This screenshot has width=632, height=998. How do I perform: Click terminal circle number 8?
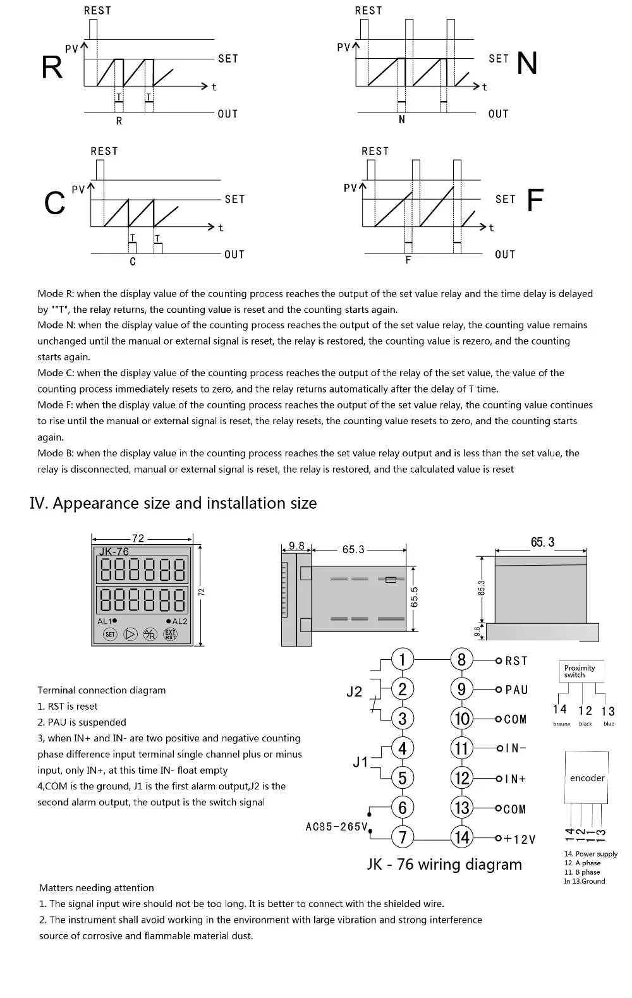tap(461, 660)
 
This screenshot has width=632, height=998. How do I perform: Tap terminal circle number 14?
tap(462, 837)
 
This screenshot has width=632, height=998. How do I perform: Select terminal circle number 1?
tap(403, 659)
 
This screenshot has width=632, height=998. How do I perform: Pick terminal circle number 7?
tap(403, 837)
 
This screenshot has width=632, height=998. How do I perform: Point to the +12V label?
tap(520, 839)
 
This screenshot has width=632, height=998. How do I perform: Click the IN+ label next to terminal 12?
tap(516, 779)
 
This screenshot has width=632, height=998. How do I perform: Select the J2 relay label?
tap(355, 691)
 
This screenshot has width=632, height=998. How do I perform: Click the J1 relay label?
tap(360, 762)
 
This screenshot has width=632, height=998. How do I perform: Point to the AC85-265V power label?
tap(336, 826)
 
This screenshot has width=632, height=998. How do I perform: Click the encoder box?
tap(587, 778)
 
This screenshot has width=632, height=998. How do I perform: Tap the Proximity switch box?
tap(580, 671)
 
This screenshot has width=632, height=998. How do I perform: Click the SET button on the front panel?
tap(110, 634)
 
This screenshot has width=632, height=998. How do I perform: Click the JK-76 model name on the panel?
tap(114, 551)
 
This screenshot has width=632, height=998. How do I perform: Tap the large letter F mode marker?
tap(535, 200)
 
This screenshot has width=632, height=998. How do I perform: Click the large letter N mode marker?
tap(527, 63)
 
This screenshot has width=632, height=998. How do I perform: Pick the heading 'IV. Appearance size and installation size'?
tap(173, 503)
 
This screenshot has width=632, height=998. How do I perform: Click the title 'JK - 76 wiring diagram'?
tap(444, 864)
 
